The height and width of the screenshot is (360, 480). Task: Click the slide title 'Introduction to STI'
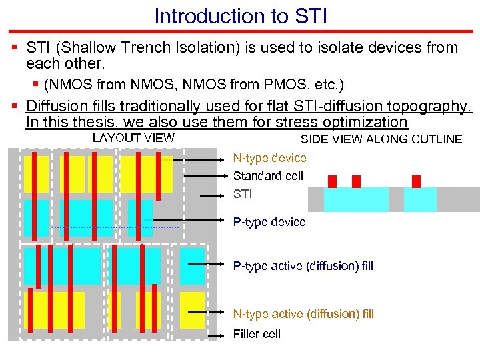point(240,15)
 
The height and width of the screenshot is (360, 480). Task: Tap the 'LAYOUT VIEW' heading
point(133,138)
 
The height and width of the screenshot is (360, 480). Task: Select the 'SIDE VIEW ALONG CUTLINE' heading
point(381,139)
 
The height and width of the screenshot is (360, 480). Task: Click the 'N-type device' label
point(269,158)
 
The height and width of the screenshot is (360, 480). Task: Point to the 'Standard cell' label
point(268,176)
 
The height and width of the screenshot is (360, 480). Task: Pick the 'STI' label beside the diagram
point(243,195)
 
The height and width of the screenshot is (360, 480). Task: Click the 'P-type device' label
point(269,222)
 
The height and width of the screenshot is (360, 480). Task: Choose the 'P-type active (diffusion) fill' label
point(303,266)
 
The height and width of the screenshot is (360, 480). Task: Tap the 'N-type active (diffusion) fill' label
point(303,313)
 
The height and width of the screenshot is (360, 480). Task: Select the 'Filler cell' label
point(257,334)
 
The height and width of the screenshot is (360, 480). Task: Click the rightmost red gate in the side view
point(416,181)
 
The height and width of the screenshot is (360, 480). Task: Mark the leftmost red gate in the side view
point(333,181)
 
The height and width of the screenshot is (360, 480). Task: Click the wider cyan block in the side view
point(356,199)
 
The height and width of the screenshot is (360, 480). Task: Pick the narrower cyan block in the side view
point(420,199)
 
